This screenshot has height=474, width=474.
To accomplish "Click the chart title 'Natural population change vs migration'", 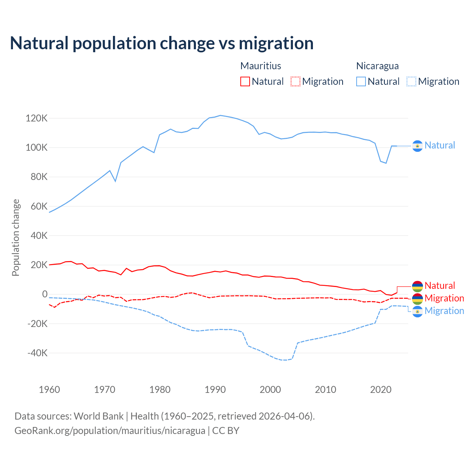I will (161, 43).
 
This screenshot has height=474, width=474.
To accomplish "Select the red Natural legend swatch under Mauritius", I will (245, 81).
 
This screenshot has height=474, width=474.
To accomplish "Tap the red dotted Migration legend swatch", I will (296, 81).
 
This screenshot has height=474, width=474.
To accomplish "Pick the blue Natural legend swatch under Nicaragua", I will (361, 81).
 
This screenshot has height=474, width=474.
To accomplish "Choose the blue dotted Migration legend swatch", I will (411, 81).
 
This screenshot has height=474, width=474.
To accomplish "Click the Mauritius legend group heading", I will (261, 66).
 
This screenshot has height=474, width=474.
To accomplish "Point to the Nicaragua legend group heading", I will (377, 66).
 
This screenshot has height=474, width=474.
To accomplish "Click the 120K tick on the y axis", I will (37, 118).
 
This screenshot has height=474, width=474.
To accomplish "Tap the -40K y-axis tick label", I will (37, 353).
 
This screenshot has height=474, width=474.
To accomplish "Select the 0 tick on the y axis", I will (45, 294).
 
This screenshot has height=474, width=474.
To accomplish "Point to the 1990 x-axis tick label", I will (215, 390).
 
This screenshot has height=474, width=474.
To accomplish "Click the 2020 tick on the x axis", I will (381, 390).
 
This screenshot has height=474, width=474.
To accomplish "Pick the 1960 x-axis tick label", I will (49, 390).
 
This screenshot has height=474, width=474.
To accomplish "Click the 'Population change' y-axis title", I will (16, 237).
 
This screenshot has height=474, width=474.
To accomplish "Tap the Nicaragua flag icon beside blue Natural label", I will (417, 146).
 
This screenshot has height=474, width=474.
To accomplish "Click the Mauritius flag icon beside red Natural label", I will (417, 286).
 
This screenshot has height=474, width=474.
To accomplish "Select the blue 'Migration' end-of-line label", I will (444, 311).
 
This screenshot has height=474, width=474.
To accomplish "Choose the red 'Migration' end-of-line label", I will (444, 298).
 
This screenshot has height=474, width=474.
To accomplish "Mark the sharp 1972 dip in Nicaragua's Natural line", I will (116, 181).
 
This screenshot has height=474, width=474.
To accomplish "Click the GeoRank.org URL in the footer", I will (110, 431).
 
